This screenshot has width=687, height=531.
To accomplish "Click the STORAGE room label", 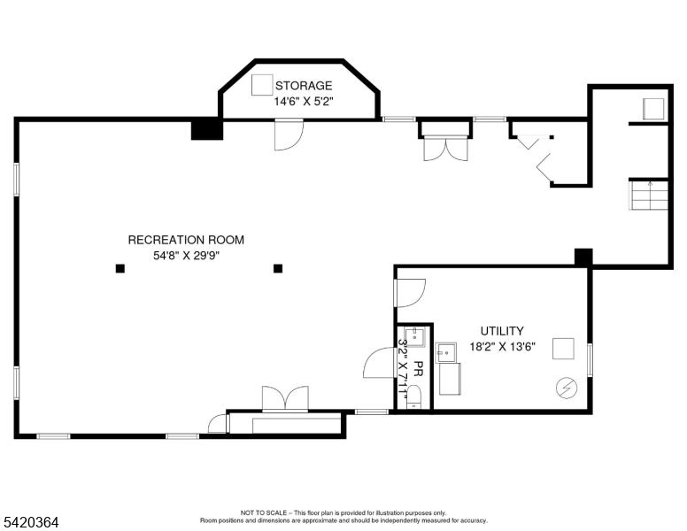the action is click(304, 85).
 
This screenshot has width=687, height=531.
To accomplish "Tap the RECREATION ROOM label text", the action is click(186, 240).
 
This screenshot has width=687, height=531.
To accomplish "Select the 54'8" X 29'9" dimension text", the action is click(186, 256).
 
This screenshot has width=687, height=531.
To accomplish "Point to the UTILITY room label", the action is click(502, 331).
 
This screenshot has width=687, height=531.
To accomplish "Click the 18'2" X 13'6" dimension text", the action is click(503, 347).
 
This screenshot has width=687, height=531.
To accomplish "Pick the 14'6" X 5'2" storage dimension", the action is click(304, 101).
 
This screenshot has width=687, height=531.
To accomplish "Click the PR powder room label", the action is click(418, 369).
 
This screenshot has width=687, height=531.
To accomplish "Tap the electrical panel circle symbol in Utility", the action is click(567, 388).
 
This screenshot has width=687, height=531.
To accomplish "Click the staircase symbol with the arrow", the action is click(649, 196).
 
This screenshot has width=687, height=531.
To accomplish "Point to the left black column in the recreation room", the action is click(120, 268).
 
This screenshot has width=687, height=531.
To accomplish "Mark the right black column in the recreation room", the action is click(278, 268).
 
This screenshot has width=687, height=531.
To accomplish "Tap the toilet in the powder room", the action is click(413, 397).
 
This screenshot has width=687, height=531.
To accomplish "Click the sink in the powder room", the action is click(414, 336).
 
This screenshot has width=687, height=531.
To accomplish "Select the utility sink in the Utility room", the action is click(446, 353).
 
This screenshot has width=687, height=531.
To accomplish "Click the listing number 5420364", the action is click(31, 522).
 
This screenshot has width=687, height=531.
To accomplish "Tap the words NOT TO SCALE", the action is click(263, 512).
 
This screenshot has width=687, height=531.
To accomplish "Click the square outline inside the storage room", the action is click(262, 85).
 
